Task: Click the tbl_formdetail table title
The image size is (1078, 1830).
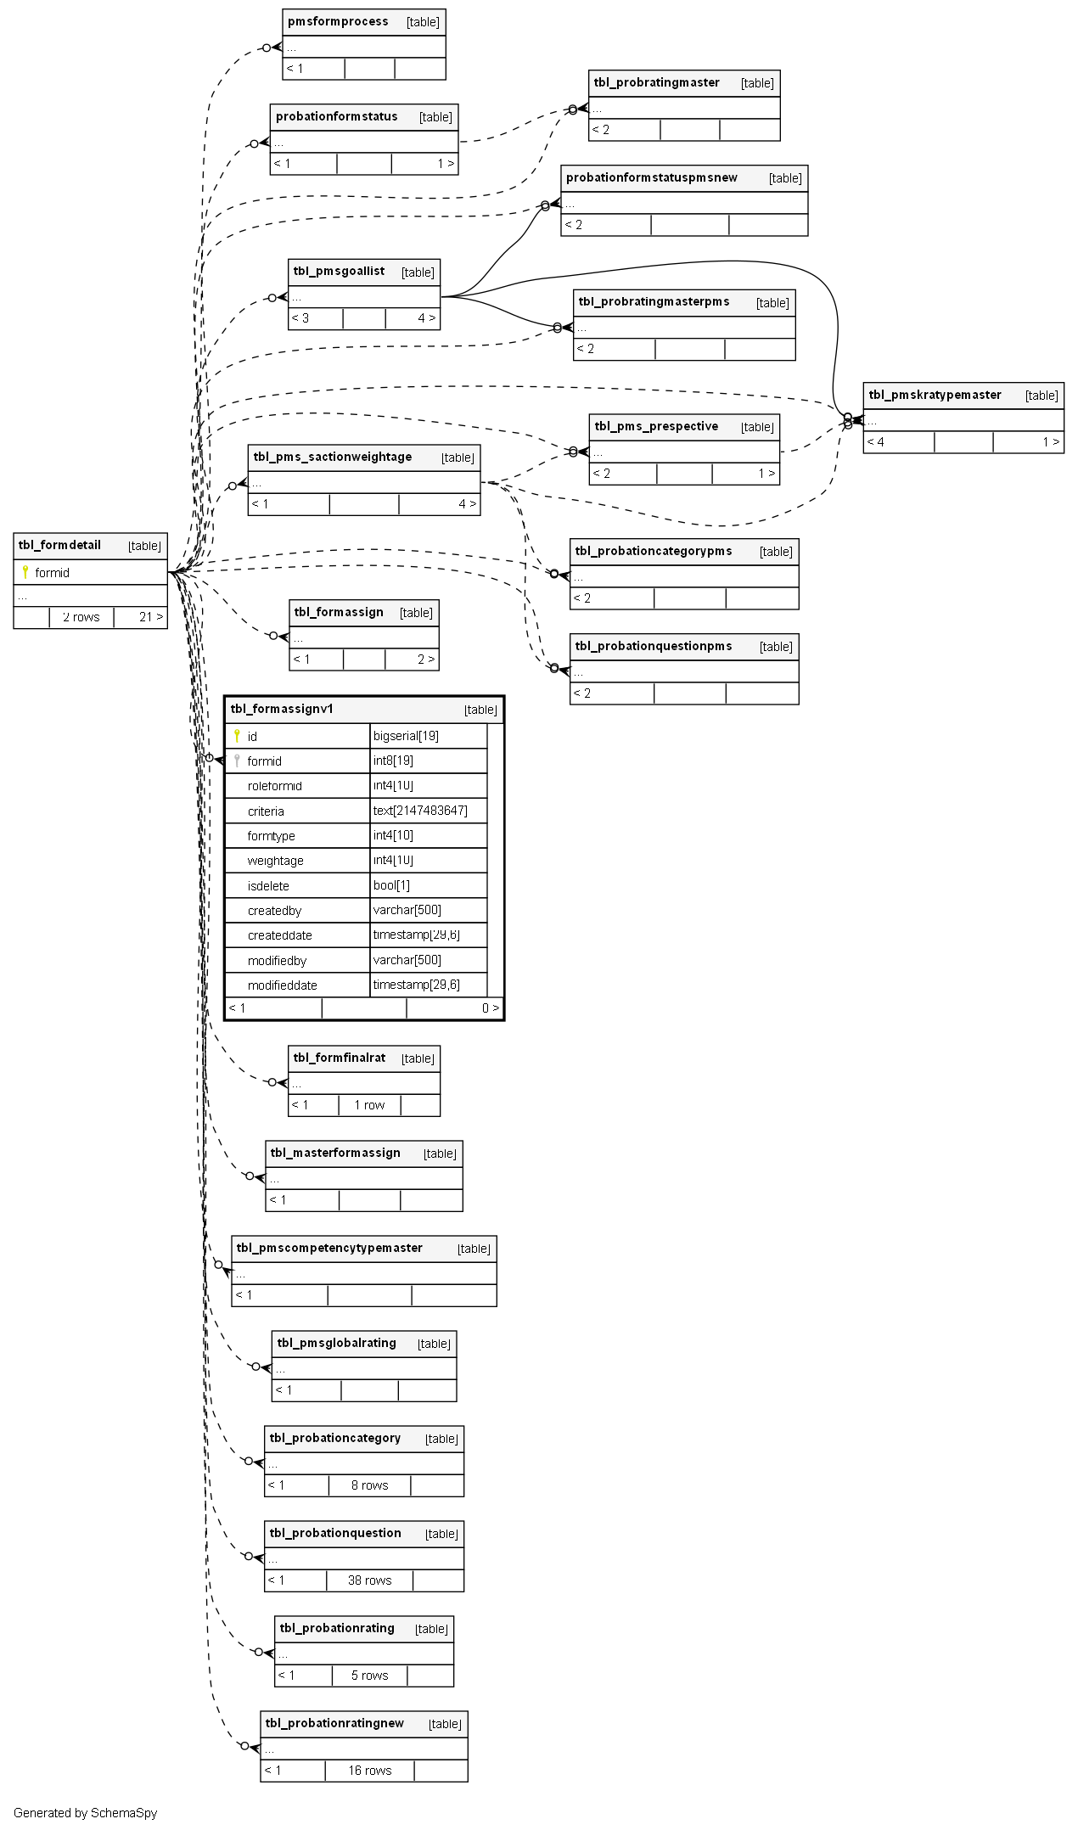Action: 59,545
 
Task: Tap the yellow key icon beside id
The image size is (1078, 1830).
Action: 237,736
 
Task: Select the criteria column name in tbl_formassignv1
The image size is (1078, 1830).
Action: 266,811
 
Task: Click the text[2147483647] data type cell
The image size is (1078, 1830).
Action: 420,811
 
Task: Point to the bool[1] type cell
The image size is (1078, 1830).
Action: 391,885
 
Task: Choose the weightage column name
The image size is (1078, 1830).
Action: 275,861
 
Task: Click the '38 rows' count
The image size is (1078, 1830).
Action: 369,1580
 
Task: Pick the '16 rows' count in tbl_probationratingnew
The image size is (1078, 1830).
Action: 369,1771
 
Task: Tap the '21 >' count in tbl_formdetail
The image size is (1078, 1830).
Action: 150,617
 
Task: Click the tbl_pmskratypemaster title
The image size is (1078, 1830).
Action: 935,395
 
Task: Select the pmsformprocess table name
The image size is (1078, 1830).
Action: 338,21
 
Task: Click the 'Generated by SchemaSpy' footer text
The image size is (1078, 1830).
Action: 85,1813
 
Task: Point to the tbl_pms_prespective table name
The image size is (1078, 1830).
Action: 656,426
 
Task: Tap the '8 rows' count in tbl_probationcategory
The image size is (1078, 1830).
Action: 369,1485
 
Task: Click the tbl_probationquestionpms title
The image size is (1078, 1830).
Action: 653,646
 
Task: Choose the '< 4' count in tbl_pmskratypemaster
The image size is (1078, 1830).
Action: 875,442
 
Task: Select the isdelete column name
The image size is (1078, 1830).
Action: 268,886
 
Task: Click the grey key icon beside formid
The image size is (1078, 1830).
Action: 237,761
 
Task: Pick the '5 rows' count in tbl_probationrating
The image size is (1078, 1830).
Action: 369,1676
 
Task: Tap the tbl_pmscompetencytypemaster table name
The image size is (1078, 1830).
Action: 329,1248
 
